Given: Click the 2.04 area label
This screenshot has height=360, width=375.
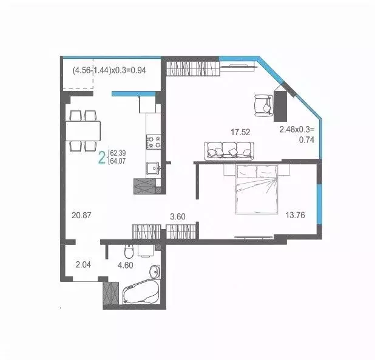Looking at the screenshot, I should (84, 264).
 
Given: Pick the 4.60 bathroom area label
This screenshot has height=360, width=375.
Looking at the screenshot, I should (125, 264).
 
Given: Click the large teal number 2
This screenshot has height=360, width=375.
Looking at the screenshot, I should (102, 159).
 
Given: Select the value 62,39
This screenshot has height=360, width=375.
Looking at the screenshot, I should (118, 153).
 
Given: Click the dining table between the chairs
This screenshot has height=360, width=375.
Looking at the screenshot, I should (84, 130).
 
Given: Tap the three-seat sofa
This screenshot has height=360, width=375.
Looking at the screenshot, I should (228, 149).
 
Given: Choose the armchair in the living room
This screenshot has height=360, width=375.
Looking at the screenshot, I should (263, 104).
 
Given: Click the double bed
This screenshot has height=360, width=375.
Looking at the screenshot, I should (254, 187).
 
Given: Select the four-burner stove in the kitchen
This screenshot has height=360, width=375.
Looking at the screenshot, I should (152, 142).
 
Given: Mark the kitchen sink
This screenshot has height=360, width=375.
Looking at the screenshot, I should (152, 168).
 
